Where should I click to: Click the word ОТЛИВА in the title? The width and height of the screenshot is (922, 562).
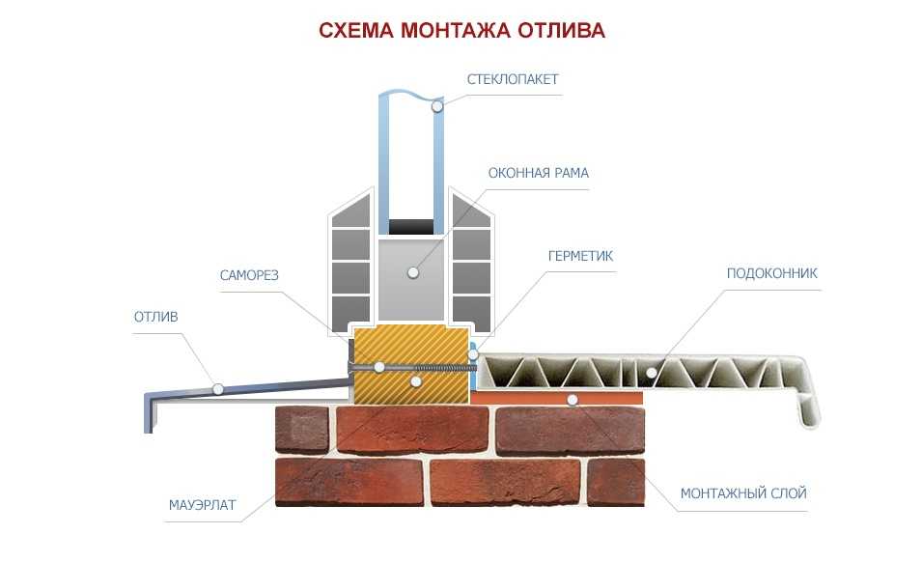click(x=561, y=30)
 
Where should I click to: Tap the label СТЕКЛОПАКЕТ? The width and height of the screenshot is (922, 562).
click(x=512, y=79)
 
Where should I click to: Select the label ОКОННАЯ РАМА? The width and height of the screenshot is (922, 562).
click(x=538, y=173)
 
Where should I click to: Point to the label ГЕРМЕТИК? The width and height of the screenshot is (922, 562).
click(x=580, y=256)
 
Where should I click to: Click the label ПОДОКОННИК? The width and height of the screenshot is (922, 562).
click(x=772, y=273)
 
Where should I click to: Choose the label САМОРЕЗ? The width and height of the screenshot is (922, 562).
click(x=249, y=275)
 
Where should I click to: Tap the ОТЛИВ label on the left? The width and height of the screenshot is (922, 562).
click(x=155, y=317)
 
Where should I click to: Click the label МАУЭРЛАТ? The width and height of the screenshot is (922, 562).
click(x=203, y=505)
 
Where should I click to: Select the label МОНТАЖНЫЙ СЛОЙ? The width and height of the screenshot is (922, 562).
click(x=743, y=493)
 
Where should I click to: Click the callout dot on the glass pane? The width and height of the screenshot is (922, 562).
click(x=437, y=106)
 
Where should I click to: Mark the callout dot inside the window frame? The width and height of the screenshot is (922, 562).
click(x=413, y=272)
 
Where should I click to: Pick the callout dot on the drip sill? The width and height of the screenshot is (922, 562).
click(x=218, y=388)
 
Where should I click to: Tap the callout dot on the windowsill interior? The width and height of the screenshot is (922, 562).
click(x=651, y=373)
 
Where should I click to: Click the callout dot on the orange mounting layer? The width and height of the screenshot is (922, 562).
click(x=573, y=400)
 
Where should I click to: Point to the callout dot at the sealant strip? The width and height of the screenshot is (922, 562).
click(x=473, y=354)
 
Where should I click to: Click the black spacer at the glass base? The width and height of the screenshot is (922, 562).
click(x=411, y=226)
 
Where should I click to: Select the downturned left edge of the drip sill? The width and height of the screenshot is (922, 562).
click(x=150, y=411)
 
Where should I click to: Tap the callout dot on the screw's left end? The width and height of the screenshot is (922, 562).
click(x=379, y=367)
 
